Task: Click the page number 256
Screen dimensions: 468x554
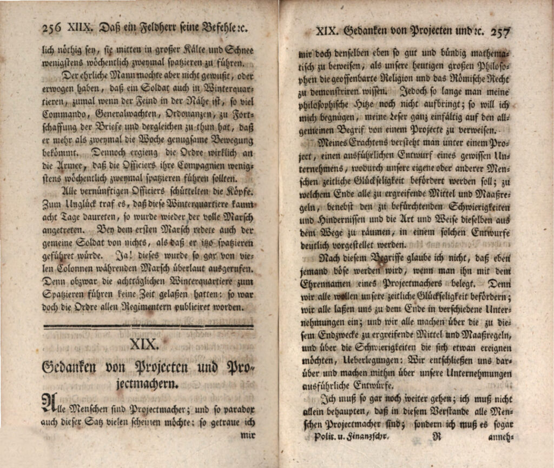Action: tap(52, 27)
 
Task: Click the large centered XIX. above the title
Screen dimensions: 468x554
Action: tap(144, 344)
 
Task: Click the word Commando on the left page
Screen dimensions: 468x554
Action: tap(64, 114)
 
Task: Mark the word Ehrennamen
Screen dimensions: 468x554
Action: tap(327, 283)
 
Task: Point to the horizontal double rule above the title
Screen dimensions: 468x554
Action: tap(148, 326)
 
